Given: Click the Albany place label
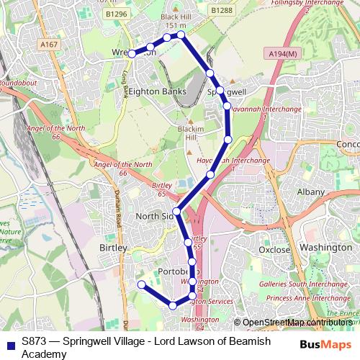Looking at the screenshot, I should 311,193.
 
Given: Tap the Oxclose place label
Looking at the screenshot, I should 274,250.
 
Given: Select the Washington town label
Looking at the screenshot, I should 325,247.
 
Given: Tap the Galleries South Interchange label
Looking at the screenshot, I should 301,286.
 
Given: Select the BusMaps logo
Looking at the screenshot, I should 325,344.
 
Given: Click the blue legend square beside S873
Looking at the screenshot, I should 10,343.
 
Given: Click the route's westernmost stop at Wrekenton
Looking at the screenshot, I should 132,53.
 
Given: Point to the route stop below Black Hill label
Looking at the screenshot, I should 181,35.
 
